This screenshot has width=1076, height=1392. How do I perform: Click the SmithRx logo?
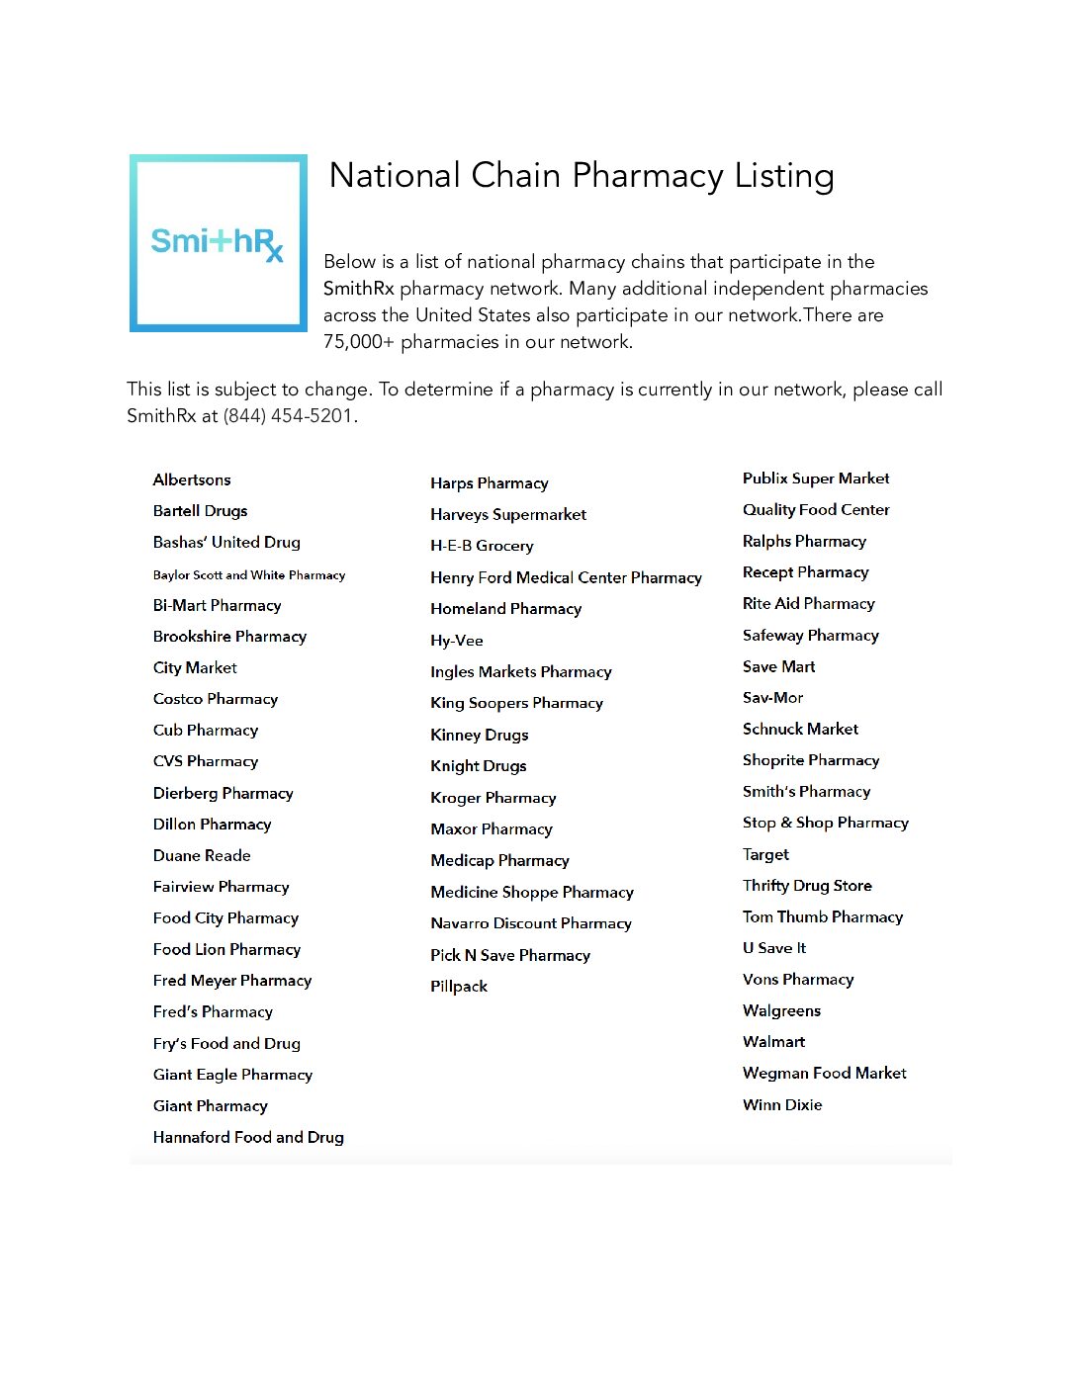click(x=218, y=242)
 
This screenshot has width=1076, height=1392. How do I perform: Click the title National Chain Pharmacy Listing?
click(x=582, y=176)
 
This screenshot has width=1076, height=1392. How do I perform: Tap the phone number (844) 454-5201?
click(x=288, y=416)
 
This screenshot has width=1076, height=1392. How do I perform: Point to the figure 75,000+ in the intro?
click(x=359, y=342)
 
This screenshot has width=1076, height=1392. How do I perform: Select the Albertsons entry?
click(x=192, y=479)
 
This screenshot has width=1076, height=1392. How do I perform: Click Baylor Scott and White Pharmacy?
click(x=249, y=574)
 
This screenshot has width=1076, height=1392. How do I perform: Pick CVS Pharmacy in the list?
click(x=206, y=761)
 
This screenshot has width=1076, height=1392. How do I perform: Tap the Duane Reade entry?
click(x=202, y=855)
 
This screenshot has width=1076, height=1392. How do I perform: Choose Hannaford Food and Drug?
click(x=248, y=1137)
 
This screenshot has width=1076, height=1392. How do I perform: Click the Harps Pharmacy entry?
click(x=490, y=483)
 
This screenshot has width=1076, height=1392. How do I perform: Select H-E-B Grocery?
click(x=482, y=546)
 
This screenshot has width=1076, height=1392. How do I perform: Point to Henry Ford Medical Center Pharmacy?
click(x=566, y=577)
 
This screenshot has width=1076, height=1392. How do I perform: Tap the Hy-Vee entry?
click(x=457, y=641)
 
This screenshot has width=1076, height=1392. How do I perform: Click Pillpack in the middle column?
click(x=459, y=986)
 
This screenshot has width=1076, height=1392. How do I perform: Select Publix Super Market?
click(x=816, y=478)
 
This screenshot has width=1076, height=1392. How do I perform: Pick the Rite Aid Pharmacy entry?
click(x=809, y=603)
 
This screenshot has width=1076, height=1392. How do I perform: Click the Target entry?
click(x=766, y=854)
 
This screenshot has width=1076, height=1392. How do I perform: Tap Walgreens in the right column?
click(x=781, y=1010)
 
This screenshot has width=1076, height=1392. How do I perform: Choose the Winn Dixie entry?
click(x=782, y=1104)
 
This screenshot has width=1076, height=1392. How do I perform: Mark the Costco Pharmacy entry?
click(x=216, y=699)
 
